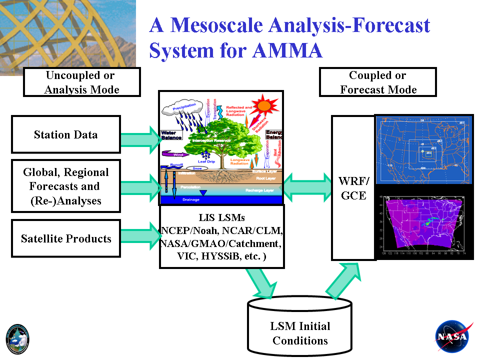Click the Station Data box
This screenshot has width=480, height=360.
point(65,134)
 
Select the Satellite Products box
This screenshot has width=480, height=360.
point(65,238)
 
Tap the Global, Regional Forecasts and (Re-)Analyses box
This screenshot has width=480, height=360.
point(65,186)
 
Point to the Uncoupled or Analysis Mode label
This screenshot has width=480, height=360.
point(81,82)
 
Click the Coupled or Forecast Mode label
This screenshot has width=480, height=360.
point(378,82)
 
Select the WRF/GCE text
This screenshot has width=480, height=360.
point(353,187)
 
